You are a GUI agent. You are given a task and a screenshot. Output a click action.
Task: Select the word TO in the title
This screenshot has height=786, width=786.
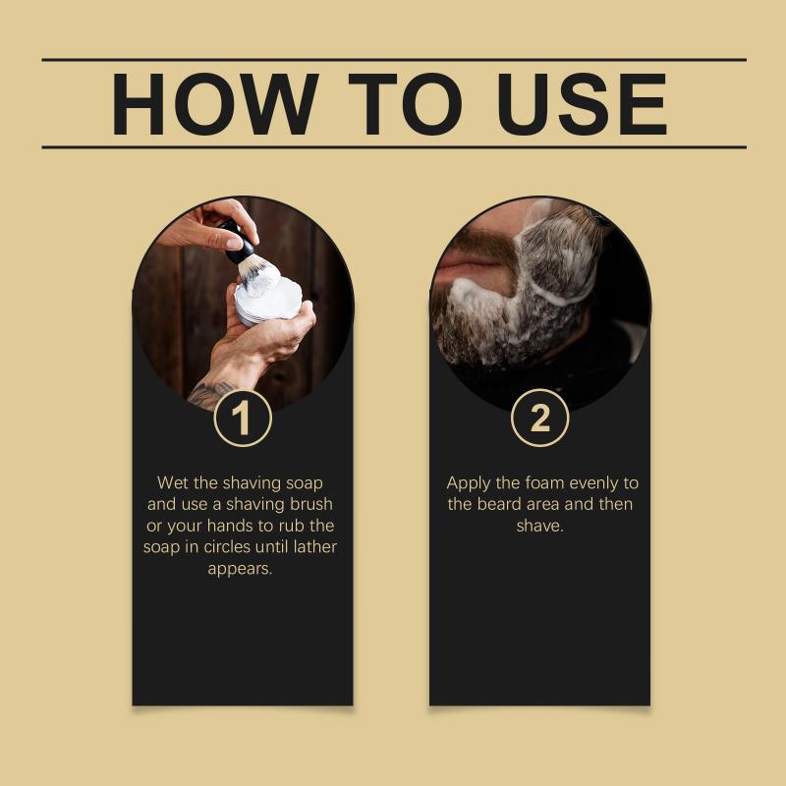tap(405, 104)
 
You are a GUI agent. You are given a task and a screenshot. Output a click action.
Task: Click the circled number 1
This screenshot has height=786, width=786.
tap(243, 419)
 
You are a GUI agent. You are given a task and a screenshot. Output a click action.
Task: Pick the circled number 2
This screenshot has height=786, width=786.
tap(539, 418)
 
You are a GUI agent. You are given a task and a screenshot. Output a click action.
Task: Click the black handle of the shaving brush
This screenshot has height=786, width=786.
tap(238, 241)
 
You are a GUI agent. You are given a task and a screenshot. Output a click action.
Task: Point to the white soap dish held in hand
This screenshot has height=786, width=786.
tap(268, 301)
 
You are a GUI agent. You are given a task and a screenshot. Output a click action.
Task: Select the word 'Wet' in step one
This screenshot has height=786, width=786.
tap(173, 482)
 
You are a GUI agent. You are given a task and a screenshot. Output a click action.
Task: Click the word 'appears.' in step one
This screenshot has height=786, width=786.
tap(240, 570)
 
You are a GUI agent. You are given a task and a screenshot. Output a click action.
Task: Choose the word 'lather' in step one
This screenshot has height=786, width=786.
tap(315, 546)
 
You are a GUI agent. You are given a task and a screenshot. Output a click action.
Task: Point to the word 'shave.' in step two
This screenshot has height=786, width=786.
tap(539, 526)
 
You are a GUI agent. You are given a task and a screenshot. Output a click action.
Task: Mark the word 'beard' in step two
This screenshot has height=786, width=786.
tap(499, 504)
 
